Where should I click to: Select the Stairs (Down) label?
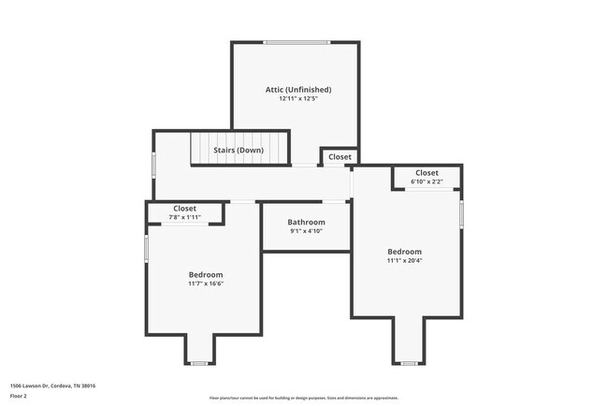coord(239,150)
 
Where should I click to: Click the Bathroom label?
coord(306,222)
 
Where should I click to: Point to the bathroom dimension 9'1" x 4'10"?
coord(306,231)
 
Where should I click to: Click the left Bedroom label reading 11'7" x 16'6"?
coord(206,274)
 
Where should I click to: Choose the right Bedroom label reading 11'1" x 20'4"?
coord(405,252)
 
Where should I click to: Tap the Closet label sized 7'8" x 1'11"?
coord(185,209)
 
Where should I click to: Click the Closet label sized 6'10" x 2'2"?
coord(427,173)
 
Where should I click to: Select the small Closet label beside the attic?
coord(340,157)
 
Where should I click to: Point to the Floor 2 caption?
coord(20,396)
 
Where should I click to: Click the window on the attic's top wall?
coord(296,42)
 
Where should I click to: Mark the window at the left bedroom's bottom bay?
coord(198,363)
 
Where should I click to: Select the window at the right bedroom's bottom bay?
coord(409,363)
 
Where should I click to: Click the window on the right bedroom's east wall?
coord(461,213)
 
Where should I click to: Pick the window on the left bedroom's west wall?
coord(146,248)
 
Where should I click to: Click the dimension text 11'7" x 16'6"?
coord(206,283)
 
